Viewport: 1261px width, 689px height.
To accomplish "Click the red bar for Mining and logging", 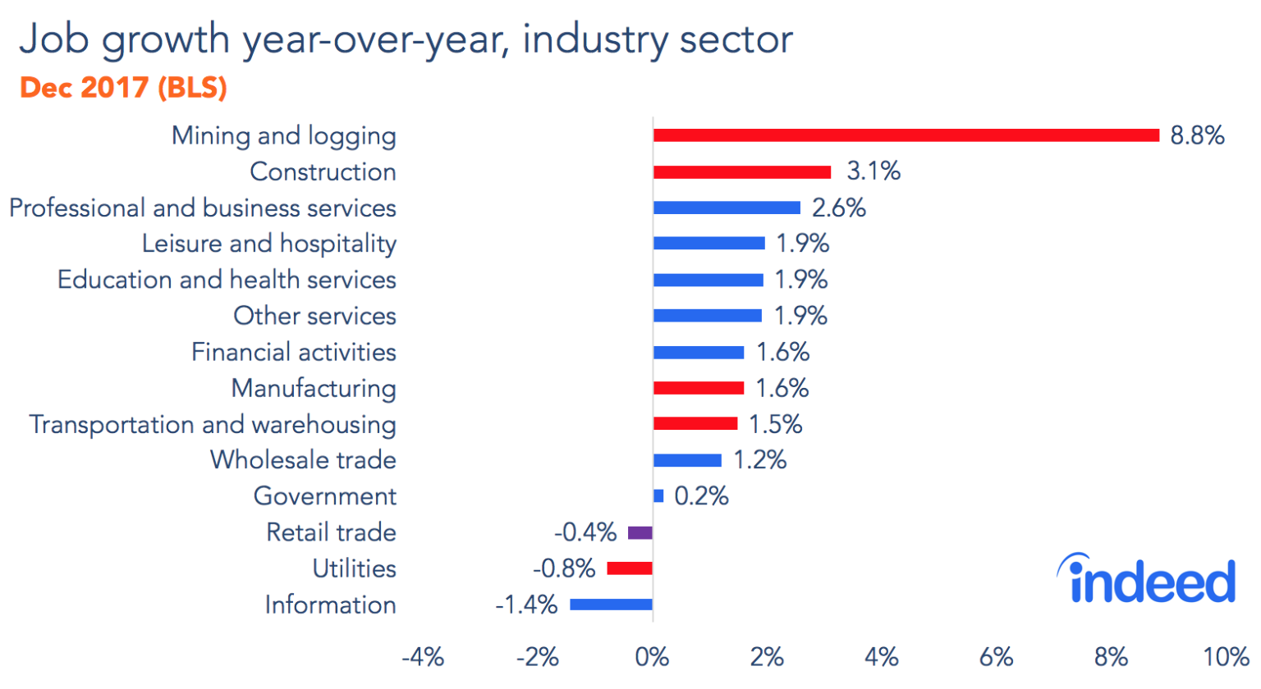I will click(x=906, y=135).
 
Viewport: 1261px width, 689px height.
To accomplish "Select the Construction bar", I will click(x=742, y=171).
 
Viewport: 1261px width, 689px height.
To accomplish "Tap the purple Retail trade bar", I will click(x=640, y=532).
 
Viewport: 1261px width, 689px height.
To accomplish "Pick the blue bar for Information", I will click(x=612, y=605).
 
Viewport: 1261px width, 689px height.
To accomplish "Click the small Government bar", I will click(x=658, y=495).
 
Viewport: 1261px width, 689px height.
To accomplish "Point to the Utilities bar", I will click(x=630, y=568).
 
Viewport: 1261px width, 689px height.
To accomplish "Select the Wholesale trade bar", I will click(x=687, y=460).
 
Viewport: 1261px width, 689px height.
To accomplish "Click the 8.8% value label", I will click(x=1197, y=135).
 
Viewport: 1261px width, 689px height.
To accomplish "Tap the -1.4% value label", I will click(x=526, y=605).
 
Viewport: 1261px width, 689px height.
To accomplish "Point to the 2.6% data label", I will click(x=838, y=208).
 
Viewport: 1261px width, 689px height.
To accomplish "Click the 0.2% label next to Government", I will click(x=701, y=495).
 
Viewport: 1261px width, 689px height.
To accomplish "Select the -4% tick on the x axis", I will click(x=423, y=657).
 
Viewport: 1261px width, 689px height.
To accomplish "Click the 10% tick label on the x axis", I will click(x=1227, y=657).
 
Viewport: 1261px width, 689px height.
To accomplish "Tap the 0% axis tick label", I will click(x=653, y=657).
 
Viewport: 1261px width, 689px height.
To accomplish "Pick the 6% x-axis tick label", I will click(x=996, y=657).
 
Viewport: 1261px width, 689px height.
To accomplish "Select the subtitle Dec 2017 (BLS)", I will click(x=123, y=88).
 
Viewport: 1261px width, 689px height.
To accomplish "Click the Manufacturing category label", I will click(x=314, y=388).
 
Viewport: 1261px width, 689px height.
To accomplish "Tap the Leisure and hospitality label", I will click(x=269, y=244).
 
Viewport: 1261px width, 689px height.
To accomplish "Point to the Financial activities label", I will click(x=294, y=352).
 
